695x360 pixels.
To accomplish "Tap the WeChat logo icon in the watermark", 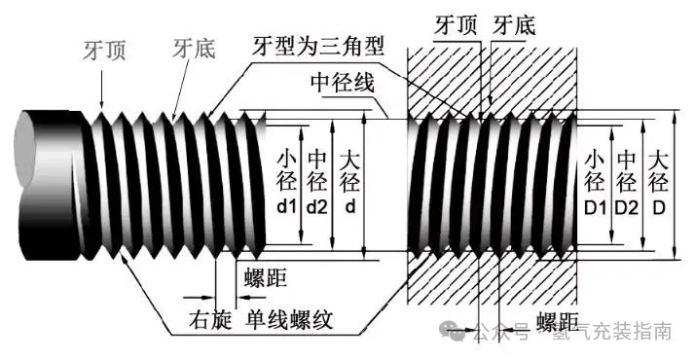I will [456, 332].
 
